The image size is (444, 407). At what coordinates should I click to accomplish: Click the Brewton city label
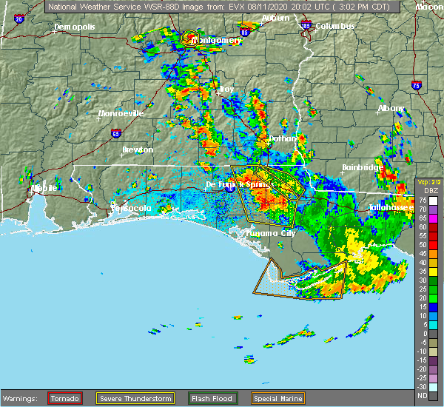pos(138,149)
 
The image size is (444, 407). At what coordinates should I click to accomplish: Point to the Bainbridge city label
pos(362,167)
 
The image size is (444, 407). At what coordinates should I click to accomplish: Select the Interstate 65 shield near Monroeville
pos(115,133)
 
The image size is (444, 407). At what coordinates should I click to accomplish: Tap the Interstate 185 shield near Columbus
pos(306,25)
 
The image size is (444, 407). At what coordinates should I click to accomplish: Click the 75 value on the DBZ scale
pos(422,200)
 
